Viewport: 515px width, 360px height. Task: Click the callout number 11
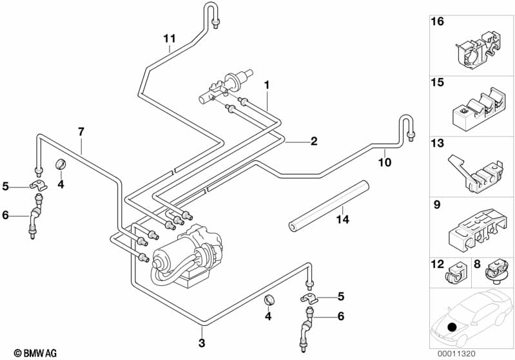170,39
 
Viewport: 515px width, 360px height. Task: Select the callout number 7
81,132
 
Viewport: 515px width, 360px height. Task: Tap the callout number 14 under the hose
342,219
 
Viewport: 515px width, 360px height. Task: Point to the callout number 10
385,162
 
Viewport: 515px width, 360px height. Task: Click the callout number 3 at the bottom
202,343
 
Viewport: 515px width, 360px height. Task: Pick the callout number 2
314,141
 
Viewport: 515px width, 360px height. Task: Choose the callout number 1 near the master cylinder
267,85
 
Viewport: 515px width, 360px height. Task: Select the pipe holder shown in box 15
477,108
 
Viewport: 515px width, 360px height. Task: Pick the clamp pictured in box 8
496,272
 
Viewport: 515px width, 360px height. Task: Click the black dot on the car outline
452,327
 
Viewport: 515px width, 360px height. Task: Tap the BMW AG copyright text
35,353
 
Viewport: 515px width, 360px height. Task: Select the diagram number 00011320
456,354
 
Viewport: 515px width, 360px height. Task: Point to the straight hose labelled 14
329,207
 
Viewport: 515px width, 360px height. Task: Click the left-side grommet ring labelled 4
61,164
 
